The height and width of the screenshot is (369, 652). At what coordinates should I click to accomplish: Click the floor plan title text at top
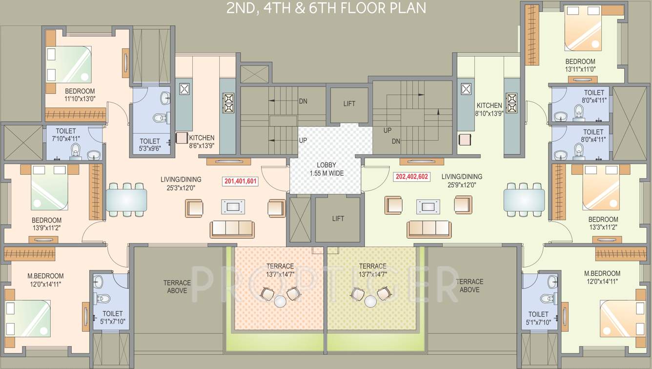[x=326, y=8]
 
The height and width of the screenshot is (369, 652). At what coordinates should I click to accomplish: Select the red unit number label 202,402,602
[x=412, y=177]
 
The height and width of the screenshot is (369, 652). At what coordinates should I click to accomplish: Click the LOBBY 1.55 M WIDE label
[x=326, y=169]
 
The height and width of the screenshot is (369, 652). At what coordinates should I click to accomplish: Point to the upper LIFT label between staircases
[x=349, y=103]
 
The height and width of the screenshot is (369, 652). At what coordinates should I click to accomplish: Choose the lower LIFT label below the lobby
[x=338, y=219]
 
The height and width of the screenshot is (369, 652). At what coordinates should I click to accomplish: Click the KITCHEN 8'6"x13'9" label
[x=202, y=141]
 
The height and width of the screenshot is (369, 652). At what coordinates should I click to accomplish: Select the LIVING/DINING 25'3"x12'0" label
[x=181, y=184]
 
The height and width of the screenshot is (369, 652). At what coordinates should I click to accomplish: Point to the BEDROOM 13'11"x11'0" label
[x=580, y=65]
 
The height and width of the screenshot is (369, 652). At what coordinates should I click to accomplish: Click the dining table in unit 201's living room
[x=126, y=199]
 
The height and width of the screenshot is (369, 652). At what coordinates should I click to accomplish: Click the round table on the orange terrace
[x=280, y=302]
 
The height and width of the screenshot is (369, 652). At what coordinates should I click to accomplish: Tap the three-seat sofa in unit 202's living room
[x=429, y=229]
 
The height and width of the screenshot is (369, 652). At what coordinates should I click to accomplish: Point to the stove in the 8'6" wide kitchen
[x=228, y=103]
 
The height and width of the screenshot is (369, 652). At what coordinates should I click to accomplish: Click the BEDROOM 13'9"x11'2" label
[x=46, y=224]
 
